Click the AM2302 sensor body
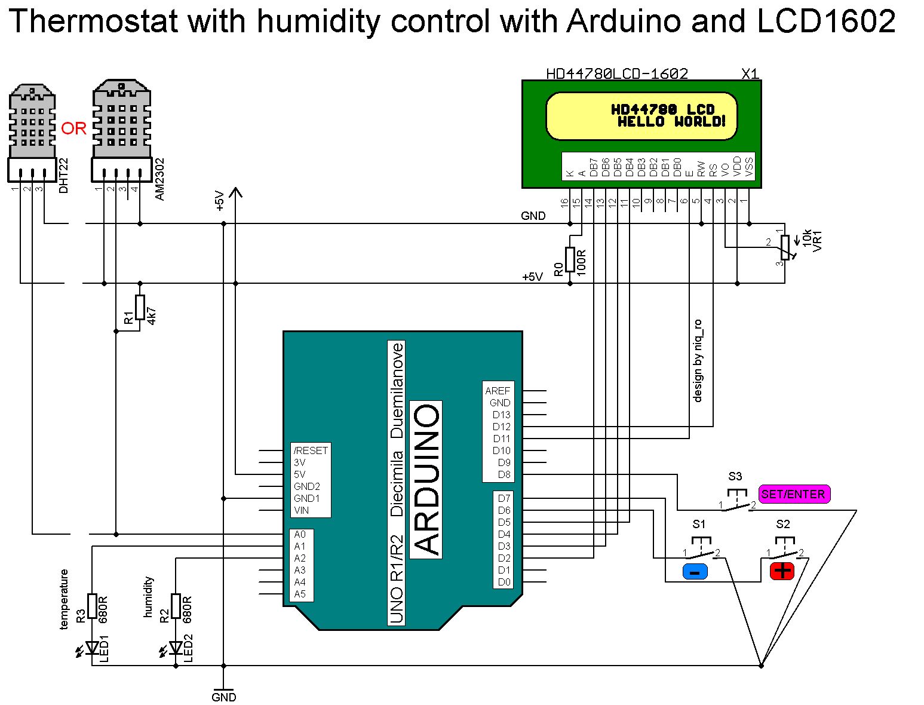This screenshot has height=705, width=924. [x=121, y=119]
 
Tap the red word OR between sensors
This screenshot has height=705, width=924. [x=74, y=128]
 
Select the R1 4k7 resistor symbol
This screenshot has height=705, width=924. [x=140, y=307]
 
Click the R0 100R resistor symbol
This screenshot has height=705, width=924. [x=570, y=260]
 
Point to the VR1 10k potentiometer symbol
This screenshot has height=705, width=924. [x=784, y=247]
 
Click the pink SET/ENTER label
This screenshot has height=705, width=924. [x=794, y=494]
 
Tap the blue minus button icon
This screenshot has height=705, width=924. [x=695, y=572]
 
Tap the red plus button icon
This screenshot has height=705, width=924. [x=782, y=571]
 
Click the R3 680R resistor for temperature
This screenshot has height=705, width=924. [x=92, y=606]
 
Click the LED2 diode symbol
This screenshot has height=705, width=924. [x=176, y=648]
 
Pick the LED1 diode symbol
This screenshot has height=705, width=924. [x=92, y=648]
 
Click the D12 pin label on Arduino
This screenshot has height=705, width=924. [x=501, y=427]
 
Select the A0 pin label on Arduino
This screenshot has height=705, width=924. [x=299, y=534]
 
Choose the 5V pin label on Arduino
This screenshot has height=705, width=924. [x=299, y=474]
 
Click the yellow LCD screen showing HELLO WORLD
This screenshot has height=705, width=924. [x=641, y=116]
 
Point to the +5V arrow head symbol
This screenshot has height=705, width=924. [x=236, y=192]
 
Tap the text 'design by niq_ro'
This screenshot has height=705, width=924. [x=698, y=361]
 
